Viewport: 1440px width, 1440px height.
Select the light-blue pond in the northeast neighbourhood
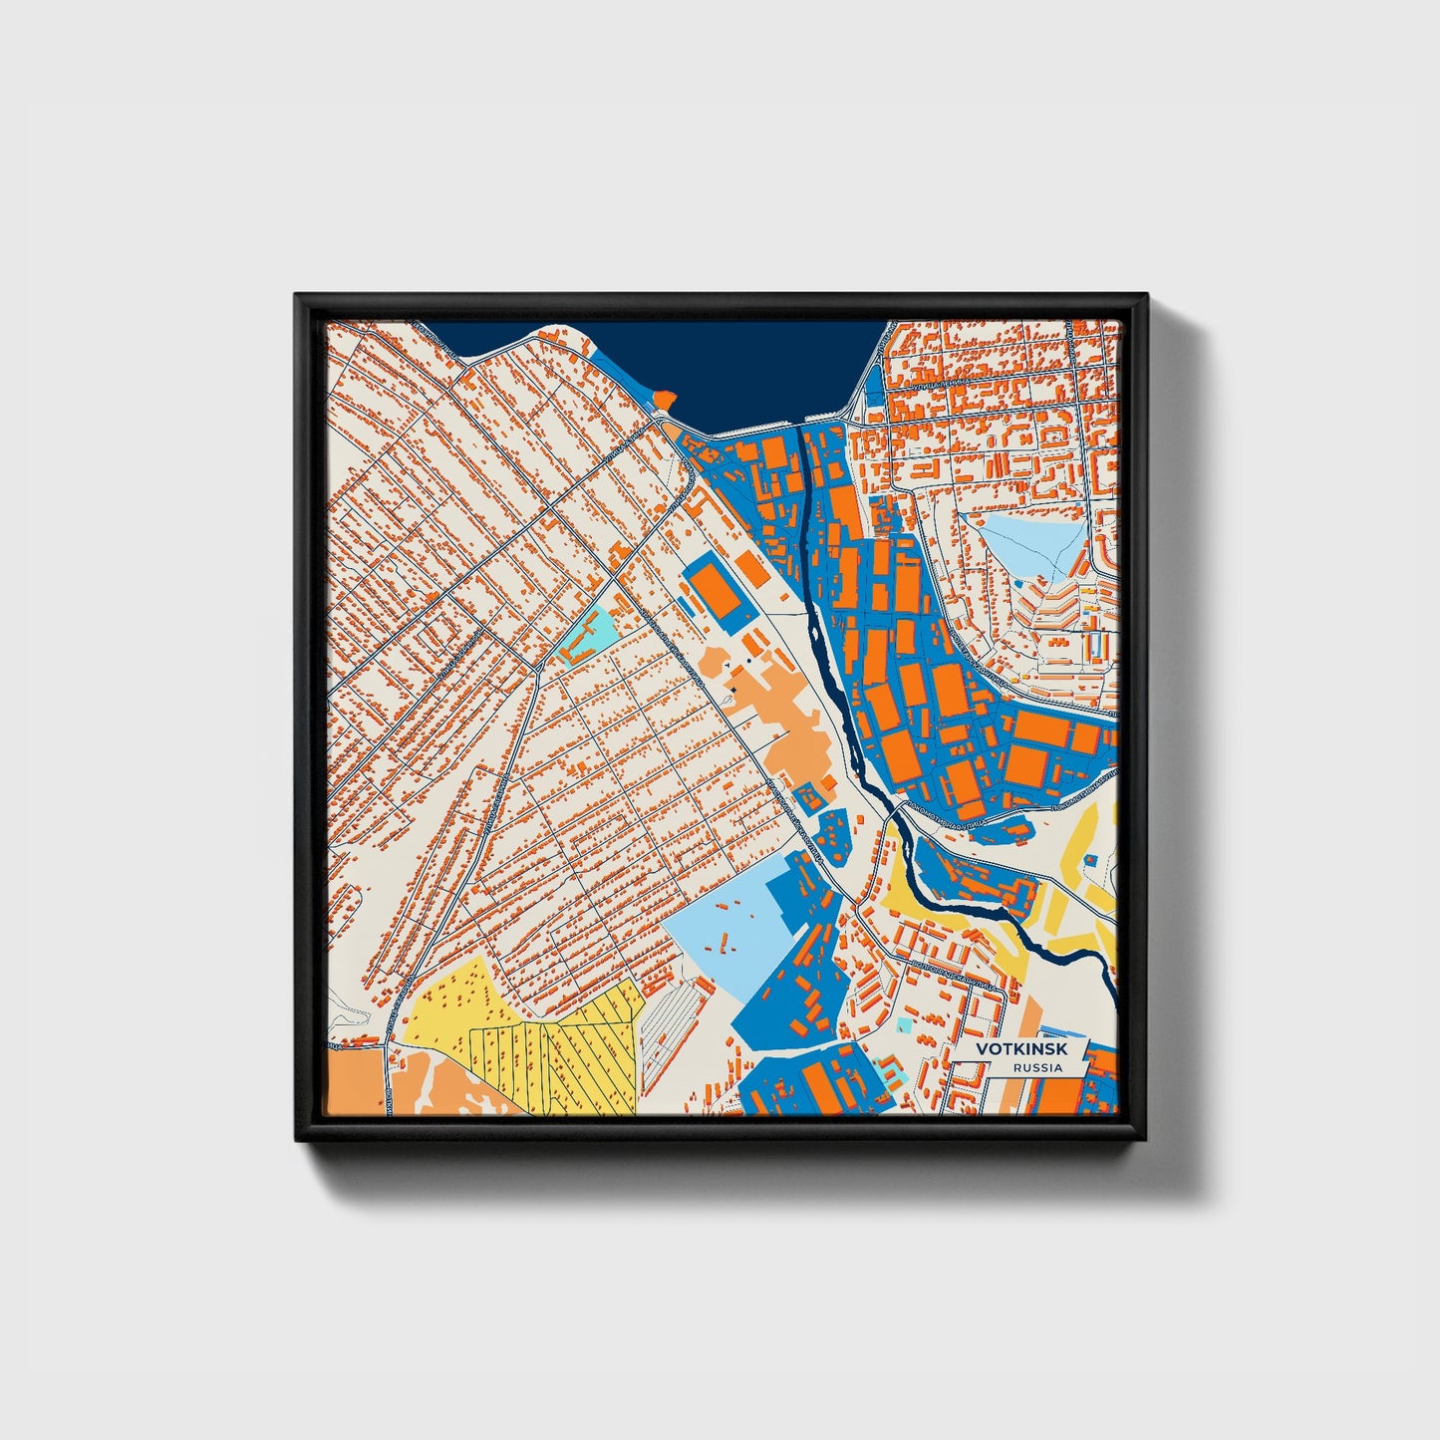[x=1031, y=543]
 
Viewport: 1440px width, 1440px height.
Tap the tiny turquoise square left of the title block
[x=904, y=1023]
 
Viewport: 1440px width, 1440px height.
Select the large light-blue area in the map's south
[x=727, y=927]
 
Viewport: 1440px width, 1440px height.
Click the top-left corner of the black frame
[x=296, y=295]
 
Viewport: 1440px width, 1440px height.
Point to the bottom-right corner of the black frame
[x=1146, y=1139]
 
